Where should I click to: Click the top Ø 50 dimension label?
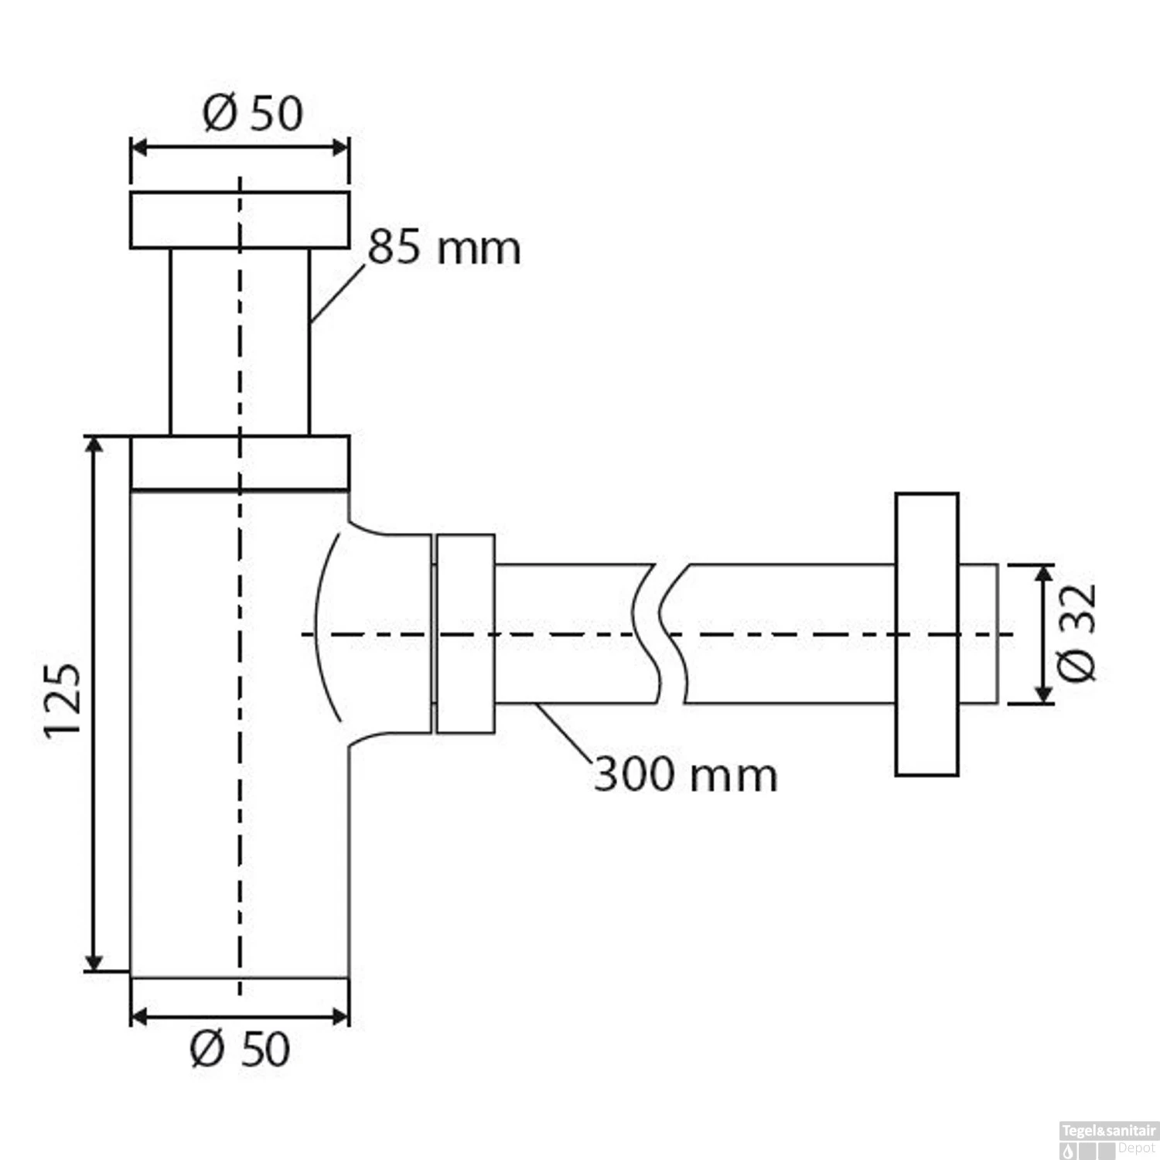click(x=252, y=113)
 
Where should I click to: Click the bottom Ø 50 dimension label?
click(x=240, y=1049)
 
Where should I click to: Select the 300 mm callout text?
click(x=685, y=774)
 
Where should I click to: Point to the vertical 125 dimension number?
click(x=63, y=701)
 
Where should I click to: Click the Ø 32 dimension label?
click(x=1076, y=633)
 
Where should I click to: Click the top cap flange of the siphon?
click(x=240, y=220)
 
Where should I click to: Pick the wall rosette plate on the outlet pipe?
click(x=927, y=634)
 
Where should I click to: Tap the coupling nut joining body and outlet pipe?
click(x=465, y=633)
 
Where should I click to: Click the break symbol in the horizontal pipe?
click(x=660, y=634)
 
